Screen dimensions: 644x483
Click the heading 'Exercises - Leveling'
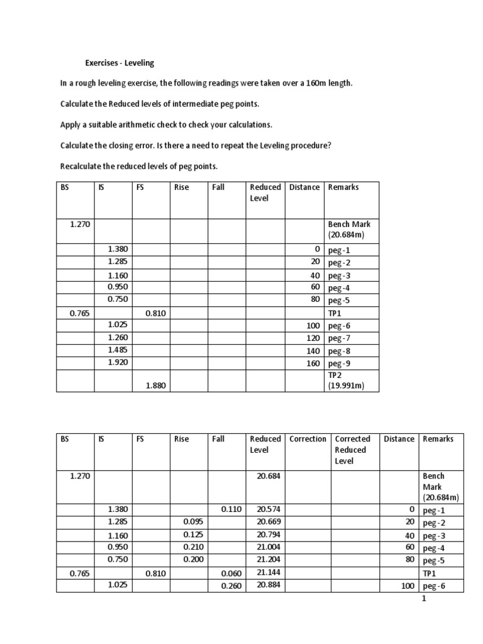119,63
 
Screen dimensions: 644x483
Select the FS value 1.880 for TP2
155,386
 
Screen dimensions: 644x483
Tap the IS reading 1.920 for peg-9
117,363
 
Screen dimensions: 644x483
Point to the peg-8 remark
339,351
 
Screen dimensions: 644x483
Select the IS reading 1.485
117,350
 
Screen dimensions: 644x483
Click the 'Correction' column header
308,439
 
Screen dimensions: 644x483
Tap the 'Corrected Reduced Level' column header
352,450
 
